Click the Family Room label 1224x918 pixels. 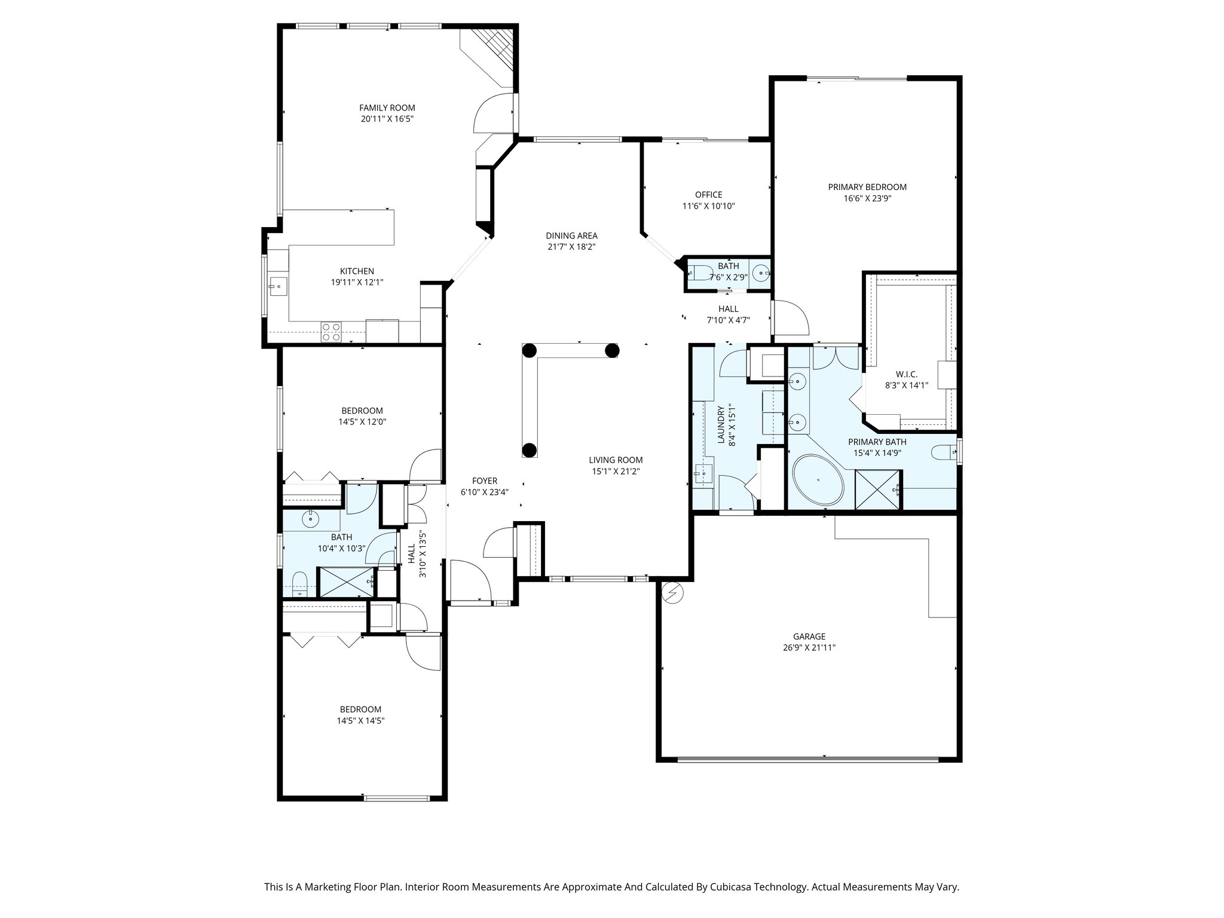(387, 108)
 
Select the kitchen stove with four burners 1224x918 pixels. (331, 332)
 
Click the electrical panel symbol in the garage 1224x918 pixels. (674, 592)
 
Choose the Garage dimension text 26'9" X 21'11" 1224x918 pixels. (809, 647)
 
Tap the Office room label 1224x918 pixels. (708, 195)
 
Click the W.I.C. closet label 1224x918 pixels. (906, 374)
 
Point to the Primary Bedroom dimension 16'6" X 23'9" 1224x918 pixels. (867, 198)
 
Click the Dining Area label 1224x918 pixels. (571, 235)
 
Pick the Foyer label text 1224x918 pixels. (484, 481)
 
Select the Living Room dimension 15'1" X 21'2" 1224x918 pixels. (616, 471)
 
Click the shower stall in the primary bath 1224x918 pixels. (877, 489)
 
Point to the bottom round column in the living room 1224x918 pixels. (529, 449)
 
